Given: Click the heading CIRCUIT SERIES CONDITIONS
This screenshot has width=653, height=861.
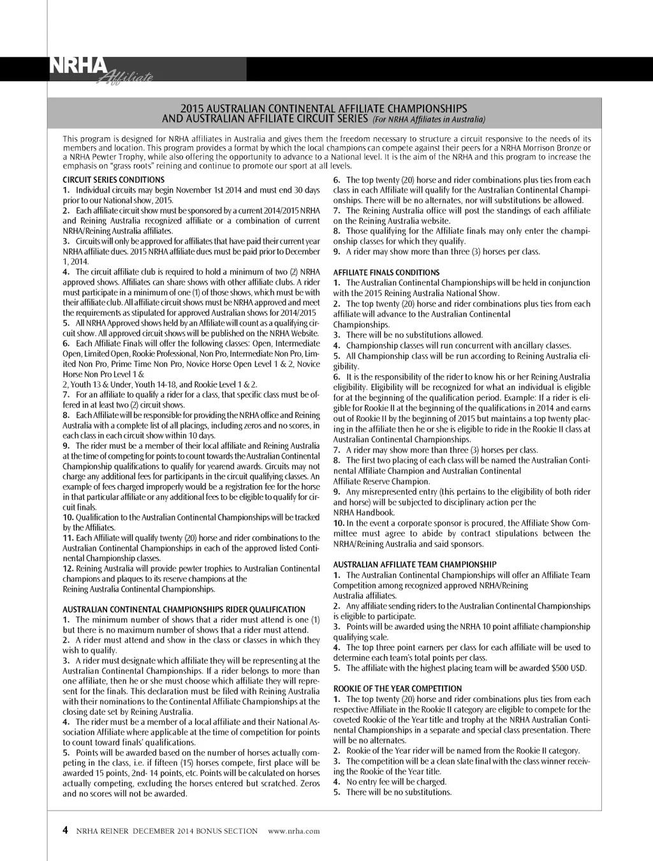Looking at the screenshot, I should tap(114, 180).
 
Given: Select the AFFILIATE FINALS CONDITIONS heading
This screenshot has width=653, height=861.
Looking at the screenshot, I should tap(386, 273).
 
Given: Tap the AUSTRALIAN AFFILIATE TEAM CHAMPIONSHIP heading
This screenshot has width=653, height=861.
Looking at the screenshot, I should tap(415, 565).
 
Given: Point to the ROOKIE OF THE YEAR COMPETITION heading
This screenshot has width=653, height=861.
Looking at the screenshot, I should tap(397, 689).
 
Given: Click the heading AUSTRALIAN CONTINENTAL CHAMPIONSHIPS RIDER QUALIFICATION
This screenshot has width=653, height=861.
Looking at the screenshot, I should tap(184, 610).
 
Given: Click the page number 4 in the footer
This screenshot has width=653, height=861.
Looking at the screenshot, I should tap(65, 830).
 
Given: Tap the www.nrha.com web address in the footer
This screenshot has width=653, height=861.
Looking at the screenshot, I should tap(294, 831).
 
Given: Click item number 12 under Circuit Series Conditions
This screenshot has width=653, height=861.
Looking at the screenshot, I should tap(68, 569).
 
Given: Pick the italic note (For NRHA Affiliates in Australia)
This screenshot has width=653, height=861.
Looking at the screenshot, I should tap(428, 119).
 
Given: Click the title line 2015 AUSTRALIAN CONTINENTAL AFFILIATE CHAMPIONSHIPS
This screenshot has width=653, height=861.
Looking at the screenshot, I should tap(324, 109).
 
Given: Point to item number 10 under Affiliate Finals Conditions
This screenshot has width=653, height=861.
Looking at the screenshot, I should tap(339, 523).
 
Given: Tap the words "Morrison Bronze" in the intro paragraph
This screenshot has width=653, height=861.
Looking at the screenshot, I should tap(552, 148).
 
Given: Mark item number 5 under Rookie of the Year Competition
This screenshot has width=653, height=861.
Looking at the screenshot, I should tap(337, 792).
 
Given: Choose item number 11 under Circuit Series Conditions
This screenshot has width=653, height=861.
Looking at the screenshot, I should tap(68, 538).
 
